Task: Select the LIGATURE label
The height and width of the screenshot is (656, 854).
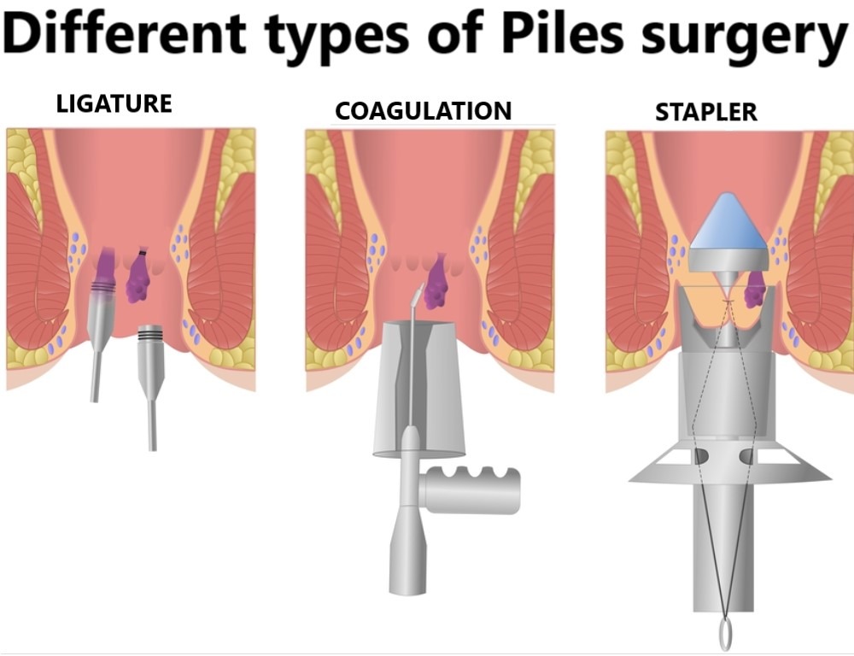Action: click(x=114, y=104)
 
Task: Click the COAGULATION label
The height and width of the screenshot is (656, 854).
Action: click(x=423, y=111)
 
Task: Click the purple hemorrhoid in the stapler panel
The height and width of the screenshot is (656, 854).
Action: click(x=755, y=291)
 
